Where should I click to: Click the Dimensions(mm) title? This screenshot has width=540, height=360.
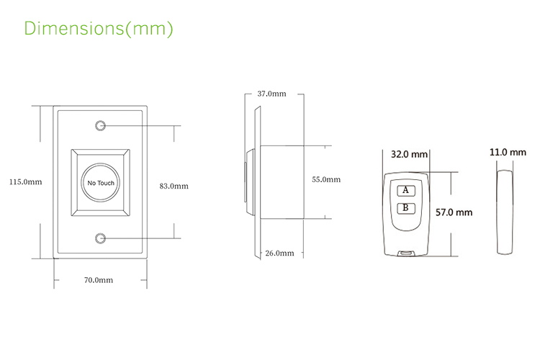(x=99, y=29)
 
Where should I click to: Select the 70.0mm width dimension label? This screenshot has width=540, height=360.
(x=99, y=279)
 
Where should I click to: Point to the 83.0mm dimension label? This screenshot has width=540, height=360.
(x=174, y=186)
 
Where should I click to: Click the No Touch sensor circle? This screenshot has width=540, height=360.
(x=101, y=183)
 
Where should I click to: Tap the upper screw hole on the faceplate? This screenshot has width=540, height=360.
(x=101, y=127)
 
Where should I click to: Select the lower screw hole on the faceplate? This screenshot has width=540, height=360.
(x=101, y=238)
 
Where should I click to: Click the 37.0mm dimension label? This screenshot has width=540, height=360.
(x=271, y=94)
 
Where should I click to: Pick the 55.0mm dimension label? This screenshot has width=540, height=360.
(x=326, y=179)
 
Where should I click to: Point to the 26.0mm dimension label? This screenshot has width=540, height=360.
(x=279, y=253)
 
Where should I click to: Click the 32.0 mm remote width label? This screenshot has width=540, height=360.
(x=409, y=154)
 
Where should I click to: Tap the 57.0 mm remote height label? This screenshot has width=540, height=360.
(x=454, y=212)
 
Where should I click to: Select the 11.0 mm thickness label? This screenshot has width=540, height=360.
(x=508, y=153)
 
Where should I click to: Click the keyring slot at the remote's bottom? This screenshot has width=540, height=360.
(x=406, y=252)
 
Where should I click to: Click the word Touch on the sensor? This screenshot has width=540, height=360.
(x=107, y=184)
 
